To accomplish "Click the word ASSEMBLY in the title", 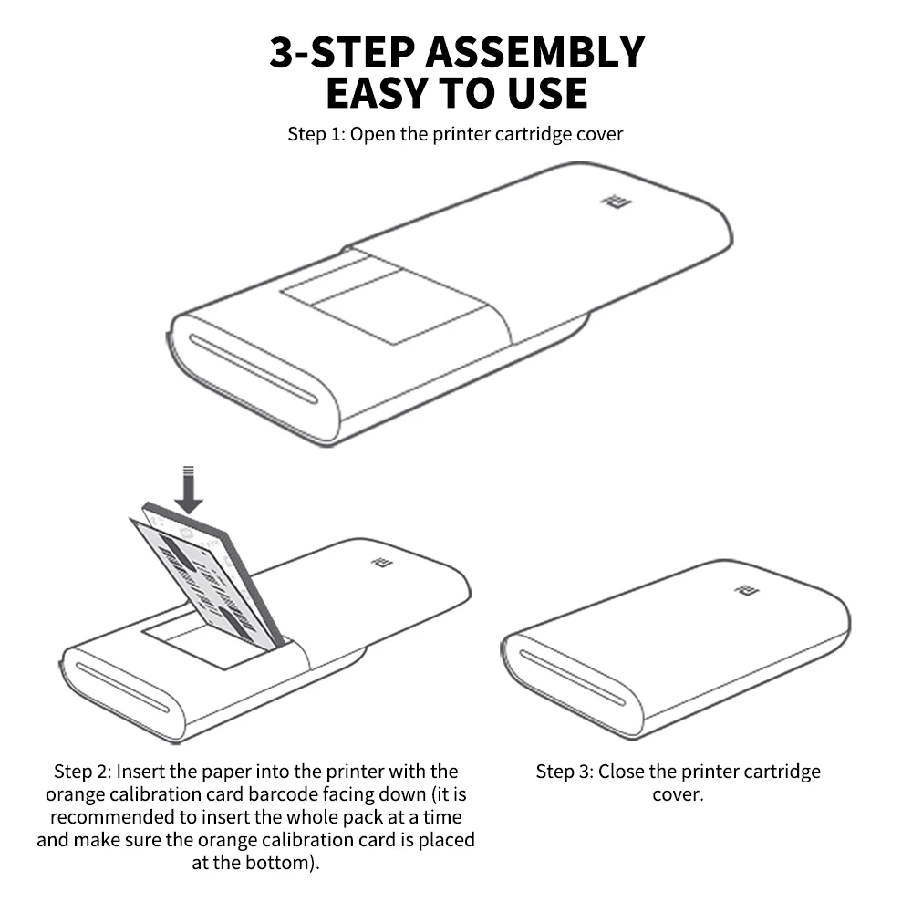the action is (x=535, y=52).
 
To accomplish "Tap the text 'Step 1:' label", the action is (x=316, y=134).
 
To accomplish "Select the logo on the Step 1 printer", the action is (x=616, y=202).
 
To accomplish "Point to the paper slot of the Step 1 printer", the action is (x=253, y=368).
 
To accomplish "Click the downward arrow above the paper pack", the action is (x=189, y=490).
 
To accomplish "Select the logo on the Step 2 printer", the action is (x=382, y=563).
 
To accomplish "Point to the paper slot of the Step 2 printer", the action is (x=123, y=688).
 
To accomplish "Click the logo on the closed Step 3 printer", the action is (x=747, y=590).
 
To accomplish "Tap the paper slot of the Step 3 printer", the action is (x=573, y=678).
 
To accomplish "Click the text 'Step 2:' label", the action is (x=82, y=772).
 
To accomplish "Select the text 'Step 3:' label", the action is (x=565, y=772).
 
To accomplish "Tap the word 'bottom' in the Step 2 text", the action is (x=277, y=863).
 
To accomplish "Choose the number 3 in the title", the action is (x=282, y=52).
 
